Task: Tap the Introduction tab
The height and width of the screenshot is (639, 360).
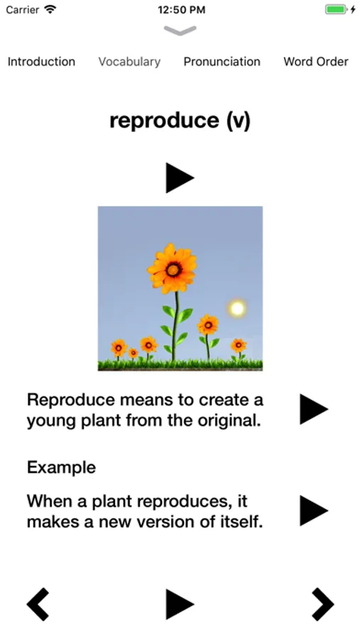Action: (41, 62)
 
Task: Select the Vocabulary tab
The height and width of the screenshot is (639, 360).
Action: (129, 62)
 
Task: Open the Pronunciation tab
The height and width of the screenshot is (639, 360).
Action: (222, 62)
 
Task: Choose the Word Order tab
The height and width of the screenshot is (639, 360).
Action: (316, 62)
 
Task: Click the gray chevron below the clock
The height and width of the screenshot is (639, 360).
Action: (180, 31)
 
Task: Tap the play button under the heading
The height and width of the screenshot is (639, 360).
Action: (180, 177)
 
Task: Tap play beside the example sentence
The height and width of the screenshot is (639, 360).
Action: (314, 510)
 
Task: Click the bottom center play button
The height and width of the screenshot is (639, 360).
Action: (180, 604)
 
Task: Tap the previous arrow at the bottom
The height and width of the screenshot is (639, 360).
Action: (38, 604)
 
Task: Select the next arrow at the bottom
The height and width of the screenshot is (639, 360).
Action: (322, 604)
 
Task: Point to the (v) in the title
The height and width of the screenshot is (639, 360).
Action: (238, 121)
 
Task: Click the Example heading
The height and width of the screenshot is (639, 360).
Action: (62, 467)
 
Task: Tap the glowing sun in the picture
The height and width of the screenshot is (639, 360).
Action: (237, 308)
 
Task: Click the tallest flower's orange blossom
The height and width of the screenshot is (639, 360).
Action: (173, 268)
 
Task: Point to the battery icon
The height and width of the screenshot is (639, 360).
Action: (336, 9)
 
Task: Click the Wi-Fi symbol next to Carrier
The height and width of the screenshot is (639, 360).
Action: (50, 9)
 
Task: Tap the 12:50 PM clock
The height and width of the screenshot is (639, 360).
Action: (182, 10)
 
